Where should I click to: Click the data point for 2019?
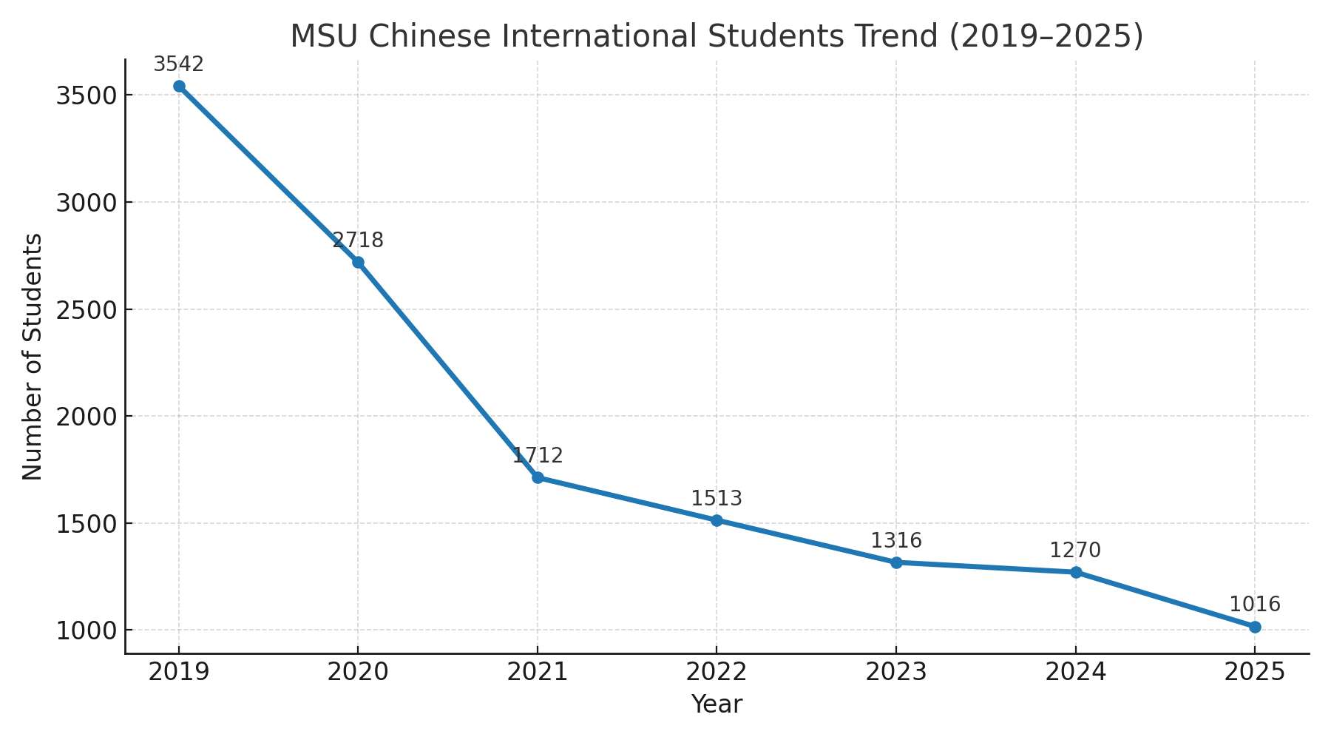pos(179,86)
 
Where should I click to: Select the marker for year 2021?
pos(538,477)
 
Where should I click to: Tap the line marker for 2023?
pos(896,562)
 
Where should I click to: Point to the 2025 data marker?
pos(1255,627)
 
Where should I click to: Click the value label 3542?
pos(178,64)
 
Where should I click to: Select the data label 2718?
pos(358,240)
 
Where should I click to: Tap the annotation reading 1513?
pos(717,499)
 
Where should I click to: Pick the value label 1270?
pos(1075,551)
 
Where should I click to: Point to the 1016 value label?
pos(1255,605)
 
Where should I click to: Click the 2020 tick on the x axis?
pos(358,672)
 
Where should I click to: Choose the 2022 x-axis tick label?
pos(717,672)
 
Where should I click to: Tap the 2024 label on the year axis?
pos(1075,672)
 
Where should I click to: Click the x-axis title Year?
pos(717,704)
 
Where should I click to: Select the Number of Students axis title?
pos(33,357)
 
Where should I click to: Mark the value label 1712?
pos(538,456)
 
